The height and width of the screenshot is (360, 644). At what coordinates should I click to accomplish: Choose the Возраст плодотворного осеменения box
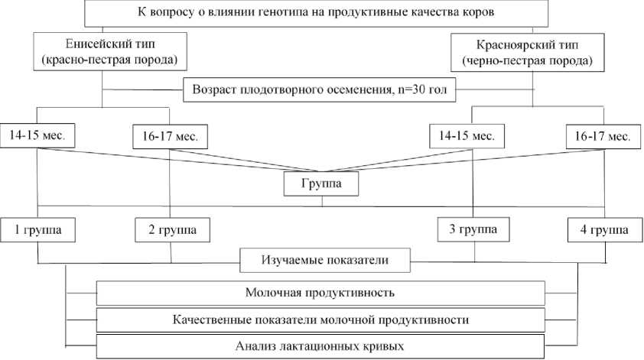(x=319, y=90)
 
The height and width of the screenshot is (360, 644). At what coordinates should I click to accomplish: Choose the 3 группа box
(x=472, y=228)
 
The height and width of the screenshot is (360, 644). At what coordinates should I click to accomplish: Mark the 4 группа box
(x=601, y=229)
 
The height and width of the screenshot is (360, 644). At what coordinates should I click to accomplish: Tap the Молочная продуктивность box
(x=320, y=293)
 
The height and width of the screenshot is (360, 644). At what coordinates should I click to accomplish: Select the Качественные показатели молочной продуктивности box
(x=320, y=319)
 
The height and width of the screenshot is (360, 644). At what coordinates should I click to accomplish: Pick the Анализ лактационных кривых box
(x=320, y=345)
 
